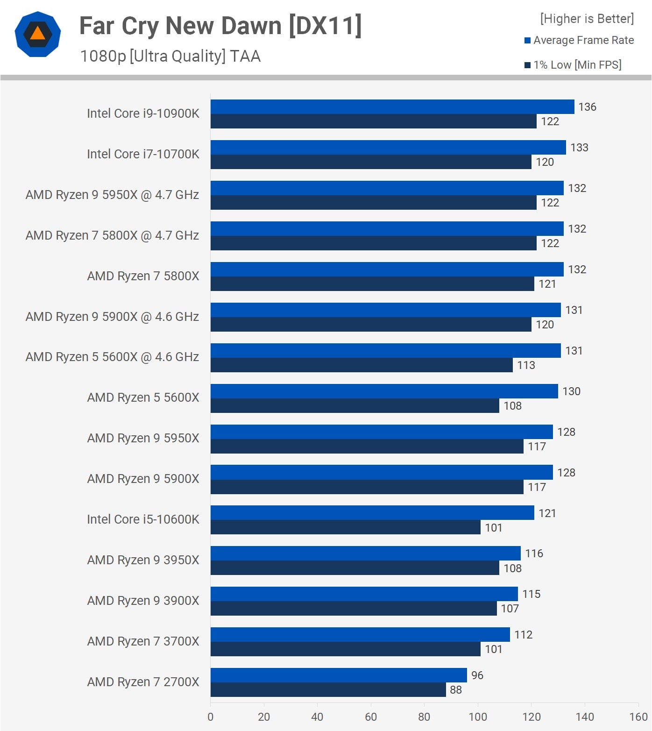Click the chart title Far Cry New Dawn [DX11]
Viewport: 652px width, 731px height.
pos(220,26)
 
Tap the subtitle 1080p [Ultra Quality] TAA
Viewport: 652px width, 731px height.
pos(170,56)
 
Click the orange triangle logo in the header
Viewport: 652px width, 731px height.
pos(38,34)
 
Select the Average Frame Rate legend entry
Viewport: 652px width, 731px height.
pos(579,40)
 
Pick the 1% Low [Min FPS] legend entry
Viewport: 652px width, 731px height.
pos(573,65)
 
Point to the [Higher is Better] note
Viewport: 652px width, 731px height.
pos(587,19)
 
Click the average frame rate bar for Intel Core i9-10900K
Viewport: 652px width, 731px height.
pos(392,106)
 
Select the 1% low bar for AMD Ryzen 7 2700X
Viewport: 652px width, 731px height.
pos(328,689)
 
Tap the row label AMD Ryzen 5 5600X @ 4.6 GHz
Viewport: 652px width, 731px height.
pos(112,357)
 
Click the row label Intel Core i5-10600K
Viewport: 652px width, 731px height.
pos(143,519)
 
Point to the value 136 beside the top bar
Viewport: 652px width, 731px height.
pos(587,107)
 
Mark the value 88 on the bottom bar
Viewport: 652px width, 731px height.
pos(456,690)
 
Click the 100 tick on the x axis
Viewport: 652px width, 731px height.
pos(478,717)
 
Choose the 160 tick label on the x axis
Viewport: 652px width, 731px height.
pos(638,717)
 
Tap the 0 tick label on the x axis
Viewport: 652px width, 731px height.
pos(211,717)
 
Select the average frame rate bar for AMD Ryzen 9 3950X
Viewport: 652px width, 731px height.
pos(365,553)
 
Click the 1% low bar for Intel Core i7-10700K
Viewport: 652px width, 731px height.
pos(371,162)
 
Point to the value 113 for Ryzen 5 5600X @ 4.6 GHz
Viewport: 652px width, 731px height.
pos(526,365)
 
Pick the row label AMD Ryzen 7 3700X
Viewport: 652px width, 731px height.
pos(143,641)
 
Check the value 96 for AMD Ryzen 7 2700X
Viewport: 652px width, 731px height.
pos(477,675)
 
